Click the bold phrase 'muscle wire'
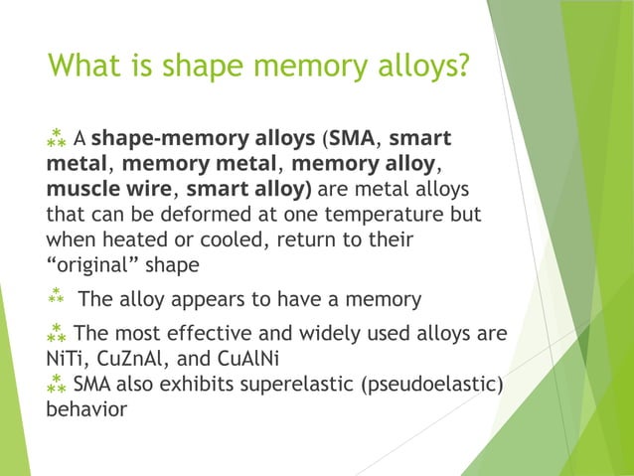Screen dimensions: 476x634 click(x=112, y=189)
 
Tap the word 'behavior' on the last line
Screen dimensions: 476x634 click(x=86, y=408)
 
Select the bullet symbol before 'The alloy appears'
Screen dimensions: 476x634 click(x=55, y=298)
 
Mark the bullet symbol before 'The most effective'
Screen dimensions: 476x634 click(x=57, y=331)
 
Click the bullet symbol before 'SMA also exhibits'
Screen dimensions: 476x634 click(x=57, y=383)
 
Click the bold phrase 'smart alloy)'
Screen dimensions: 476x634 click(x=248, y=189)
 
